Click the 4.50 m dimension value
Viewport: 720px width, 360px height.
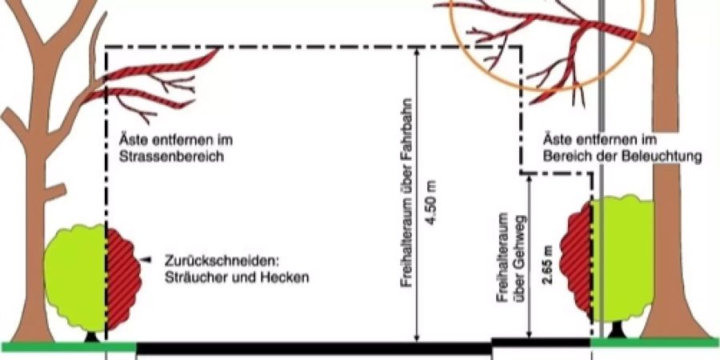pos(432,202)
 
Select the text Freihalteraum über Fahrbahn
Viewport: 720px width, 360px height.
pos(406,192)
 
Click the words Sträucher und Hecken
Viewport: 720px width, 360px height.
pos(237,278)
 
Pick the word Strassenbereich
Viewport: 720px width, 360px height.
pos(171,157)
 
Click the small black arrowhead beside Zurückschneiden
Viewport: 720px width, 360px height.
pos(146,260)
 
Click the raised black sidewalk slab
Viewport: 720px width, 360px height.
pos(541,342)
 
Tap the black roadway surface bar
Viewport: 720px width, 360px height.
pos(314,349)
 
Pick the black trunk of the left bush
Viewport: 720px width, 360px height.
pos(92,337)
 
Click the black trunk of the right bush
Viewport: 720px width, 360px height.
pos(617,330)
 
